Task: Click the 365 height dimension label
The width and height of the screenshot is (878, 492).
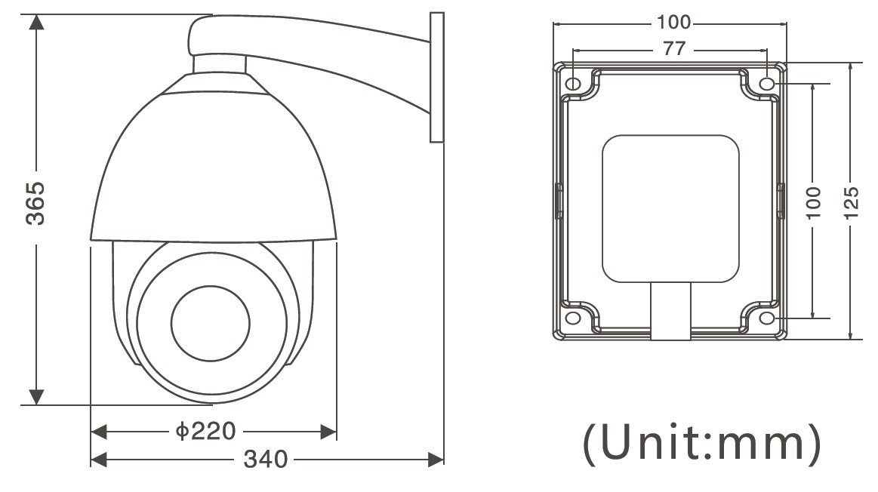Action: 35,203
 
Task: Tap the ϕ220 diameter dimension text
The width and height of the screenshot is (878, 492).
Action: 205,431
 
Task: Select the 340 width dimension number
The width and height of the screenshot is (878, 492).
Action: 266,460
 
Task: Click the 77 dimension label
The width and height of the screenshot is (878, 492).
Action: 674,49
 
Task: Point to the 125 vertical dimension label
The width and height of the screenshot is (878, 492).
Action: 851,203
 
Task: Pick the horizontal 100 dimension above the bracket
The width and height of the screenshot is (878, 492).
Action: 674,23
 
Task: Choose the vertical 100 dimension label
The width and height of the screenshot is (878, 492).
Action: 812,203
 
